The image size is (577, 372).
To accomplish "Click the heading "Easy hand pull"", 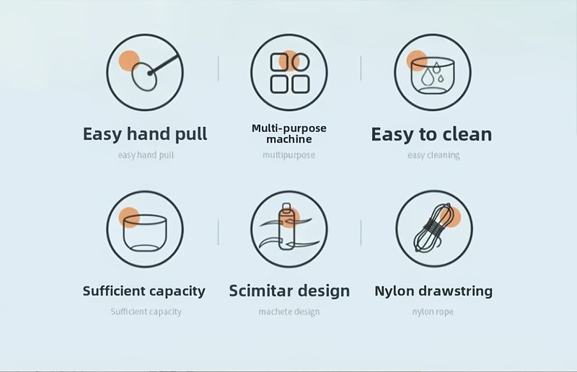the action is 145,134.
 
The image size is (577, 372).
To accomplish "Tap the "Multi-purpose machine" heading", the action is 289,133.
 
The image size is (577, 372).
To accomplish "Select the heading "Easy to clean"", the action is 431,134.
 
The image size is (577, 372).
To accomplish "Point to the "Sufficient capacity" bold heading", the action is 144,291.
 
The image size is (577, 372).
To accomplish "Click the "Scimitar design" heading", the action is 289,291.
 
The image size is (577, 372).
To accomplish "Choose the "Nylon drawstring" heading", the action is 433,291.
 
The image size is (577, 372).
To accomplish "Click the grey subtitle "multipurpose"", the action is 289,155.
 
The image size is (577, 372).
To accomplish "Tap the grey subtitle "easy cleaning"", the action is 433,155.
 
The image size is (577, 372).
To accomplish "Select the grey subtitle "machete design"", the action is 289,311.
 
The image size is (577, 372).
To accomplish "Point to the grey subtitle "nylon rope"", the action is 433,312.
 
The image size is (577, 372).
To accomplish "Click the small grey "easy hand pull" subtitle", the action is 146,155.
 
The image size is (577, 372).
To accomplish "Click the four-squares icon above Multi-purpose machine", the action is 290,73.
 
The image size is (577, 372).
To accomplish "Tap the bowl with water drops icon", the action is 433,76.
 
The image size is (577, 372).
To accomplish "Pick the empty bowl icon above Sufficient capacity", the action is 145,233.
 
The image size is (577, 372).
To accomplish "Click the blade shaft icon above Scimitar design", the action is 288,227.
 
